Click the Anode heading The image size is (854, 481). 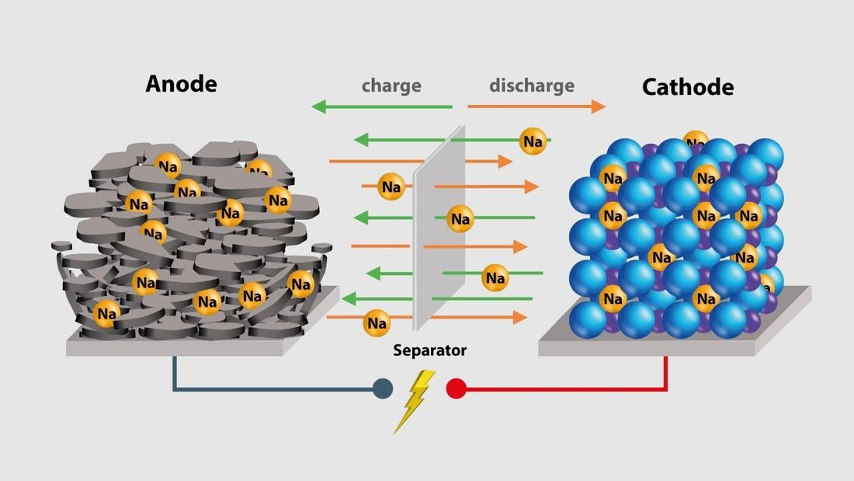point(181,83)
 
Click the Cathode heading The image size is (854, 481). point(687,86)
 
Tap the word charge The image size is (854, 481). point(391,85)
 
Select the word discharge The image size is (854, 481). point(532,85)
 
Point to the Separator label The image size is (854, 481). point(430,350)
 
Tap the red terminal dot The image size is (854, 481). point(456,388)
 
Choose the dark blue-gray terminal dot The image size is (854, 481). point(382,388)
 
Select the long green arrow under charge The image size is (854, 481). point(380,106)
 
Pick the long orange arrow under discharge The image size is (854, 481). point(536,106)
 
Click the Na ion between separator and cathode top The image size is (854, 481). point(533,141)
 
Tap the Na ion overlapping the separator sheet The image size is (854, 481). point(460,218)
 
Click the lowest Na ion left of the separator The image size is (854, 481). point(377,321)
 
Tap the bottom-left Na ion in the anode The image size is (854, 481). point(106,314)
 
